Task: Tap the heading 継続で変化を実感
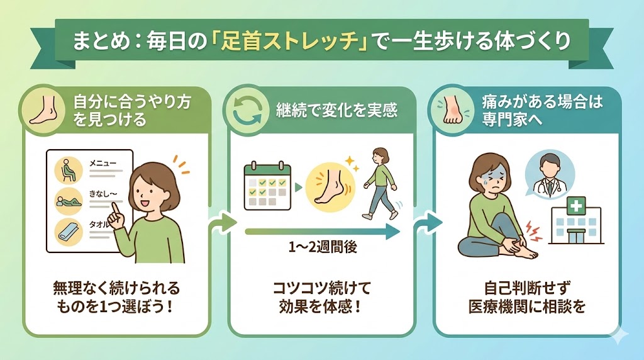337,110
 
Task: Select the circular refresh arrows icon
247,110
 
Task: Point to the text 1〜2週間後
323,247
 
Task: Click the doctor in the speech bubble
550,174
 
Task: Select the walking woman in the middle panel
380,183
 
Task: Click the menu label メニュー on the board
103,163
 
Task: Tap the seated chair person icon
69,170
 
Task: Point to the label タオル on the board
100,225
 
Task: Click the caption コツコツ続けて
322,288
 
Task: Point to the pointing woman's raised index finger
116,210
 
